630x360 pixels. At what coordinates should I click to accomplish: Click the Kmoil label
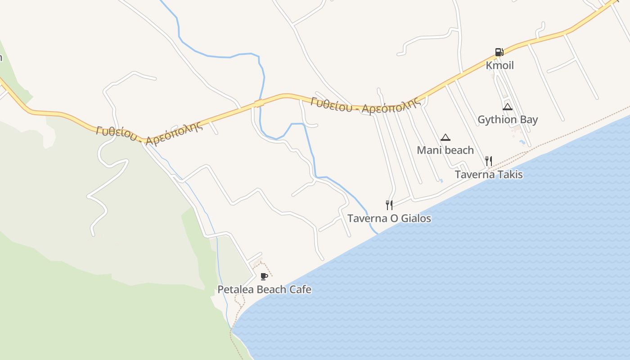499,65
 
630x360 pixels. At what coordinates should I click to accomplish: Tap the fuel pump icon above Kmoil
499,52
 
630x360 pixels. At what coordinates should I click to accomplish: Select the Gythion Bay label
508,120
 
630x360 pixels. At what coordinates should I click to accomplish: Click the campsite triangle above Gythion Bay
508,107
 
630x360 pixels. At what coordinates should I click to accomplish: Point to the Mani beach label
445,150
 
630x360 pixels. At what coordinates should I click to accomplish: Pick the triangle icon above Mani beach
445,138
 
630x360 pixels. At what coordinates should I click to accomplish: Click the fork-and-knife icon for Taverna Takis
489,161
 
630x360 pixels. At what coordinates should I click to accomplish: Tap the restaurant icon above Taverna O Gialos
389,205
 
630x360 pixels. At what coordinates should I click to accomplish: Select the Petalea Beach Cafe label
264,289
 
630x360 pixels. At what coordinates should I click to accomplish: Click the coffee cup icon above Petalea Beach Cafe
264,276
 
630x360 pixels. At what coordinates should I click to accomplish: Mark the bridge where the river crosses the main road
259,103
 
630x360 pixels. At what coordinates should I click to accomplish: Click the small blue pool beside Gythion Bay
522,142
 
